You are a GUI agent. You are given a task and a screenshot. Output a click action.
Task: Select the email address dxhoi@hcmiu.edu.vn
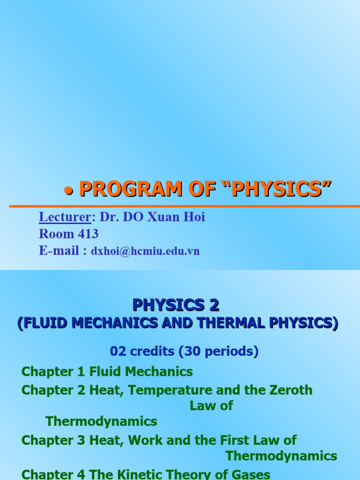[x=145, y=251]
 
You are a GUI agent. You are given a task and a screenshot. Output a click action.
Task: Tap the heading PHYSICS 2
[x=176, y=306]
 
